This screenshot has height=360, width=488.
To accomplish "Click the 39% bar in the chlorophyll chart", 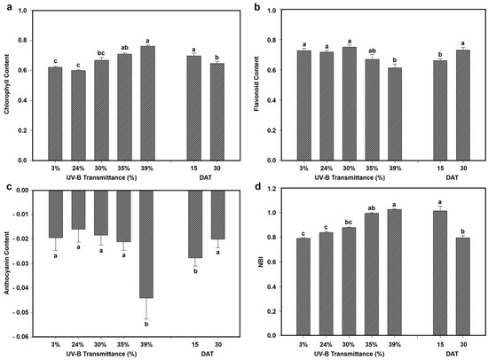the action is click(x=147, y=104).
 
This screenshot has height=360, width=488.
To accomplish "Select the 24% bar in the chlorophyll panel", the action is click(x=78, y=115).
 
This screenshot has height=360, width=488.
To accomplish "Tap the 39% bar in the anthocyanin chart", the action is click(x=146, y=244).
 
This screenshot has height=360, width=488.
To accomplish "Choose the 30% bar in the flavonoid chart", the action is click(x=350, y=104).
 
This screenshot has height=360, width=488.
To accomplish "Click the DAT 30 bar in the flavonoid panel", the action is click(x=463, y=106).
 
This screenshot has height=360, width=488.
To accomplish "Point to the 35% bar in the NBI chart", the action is click(x=372, y=275).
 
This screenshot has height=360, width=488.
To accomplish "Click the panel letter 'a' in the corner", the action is click(x=10, y=7).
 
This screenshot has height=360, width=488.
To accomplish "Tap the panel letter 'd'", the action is click(x=257, y=186).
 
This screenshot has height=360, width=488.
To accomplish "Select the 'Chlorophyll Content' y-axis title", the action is click(x=6, y=84).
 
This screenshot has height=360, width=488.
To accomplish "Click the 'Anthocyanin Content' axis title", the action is click(x=6, y=263).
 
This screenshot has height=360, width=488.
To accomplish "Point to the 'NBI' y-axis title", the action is click(x=261, y=262).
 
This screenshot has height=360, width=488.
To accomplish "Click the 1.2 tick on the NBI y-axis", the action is click(x=272, y=188).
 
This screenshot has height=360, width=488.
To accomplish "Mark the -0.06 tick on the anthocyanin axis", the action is click(x=21, y=337).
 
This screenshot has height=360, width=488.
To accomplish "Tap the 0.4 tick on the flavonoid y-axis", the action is click(x=272, y=100).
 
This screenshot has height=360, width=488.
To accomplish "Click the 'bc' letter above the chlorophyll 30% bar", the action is click(x=101, y=53).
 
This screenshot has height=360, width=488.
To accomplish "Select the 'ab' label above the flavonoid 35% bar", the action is click(x=372, y=51).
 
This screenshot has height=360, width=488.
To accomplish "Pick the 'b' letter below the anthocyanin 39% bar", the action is click(x=146, y=325).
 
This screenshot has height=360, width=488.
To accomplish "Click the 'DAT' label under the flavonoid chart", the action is click(x=452, y=177).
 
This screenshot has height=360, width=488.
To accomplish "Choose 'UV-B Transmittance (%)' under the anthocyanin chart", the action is click(x=101, y=354).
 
